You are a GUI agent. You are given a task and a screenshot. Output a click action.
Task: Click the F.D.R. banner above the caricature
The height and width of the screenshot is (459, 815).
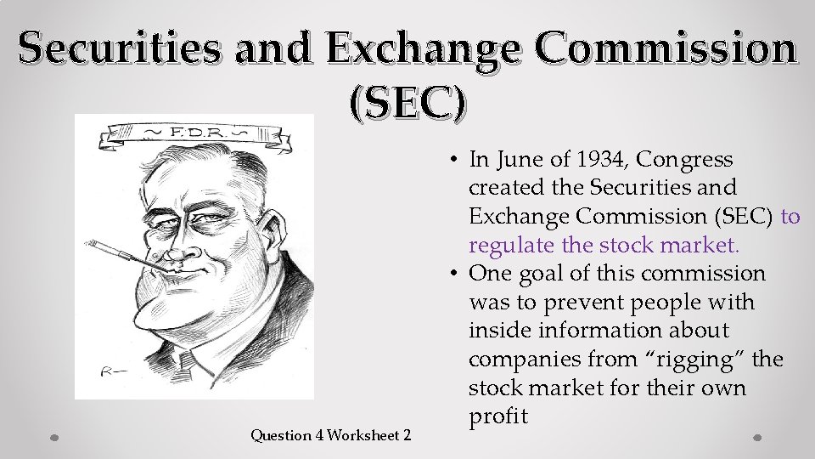195,134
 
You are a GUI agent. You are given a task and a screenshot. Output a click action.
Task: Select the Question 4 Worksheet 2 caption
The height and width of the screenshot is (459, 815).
331,435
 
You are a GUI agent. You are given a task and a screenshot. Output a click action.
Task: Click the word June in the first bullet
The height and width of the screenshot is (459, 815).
522,159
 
